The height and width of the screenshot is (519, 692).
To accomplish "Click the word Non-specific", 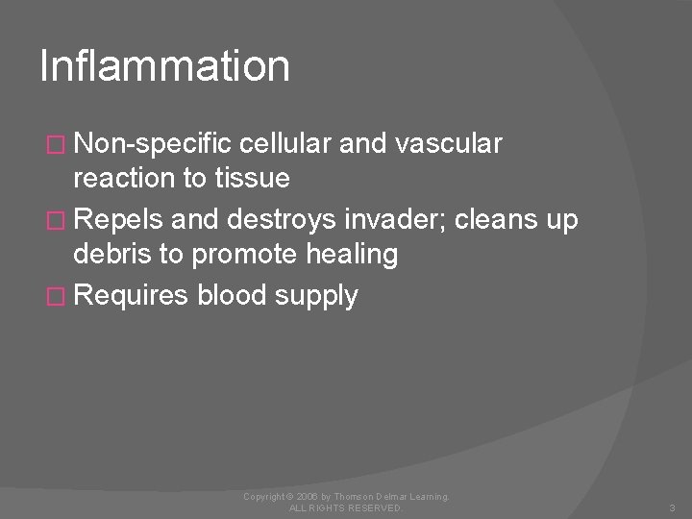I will pyautogui.click(x=155, y=144).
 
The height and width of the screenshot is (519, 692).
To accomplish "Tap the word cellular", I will pyautogui.click(x=285, y=144).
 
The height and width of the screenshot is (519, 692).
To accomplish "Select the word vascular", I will pyautogui.click(x=450, y=144).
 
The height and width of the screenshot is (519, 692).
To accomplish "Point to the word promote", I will pyautogui.click(x=242, y=256).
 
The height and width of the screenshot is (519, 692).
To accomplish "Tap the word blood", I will pyautogui.click(x=235, y=296).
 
